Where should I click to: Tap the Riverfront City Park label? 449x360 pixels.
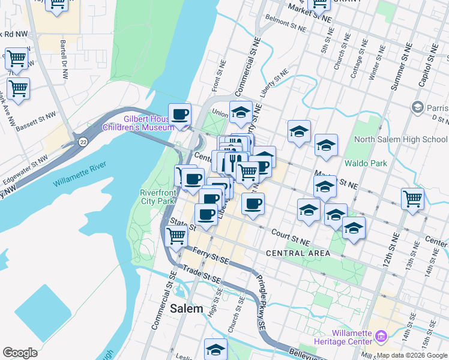coord(157,197)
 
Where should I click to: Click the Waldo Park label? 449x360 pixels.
coord(366,163)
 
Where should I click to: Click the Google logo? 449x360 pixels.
coord(20,352)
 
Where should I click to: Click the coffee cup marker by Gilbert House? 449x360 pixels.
coord(179,114)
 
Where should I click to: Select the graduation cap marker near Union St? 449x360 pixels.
coord(241,112)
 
